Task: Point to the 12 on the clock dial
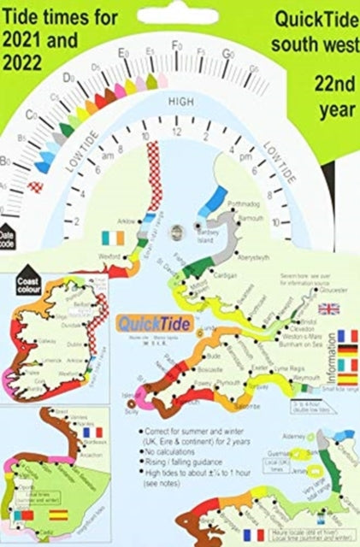[177, 133]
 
